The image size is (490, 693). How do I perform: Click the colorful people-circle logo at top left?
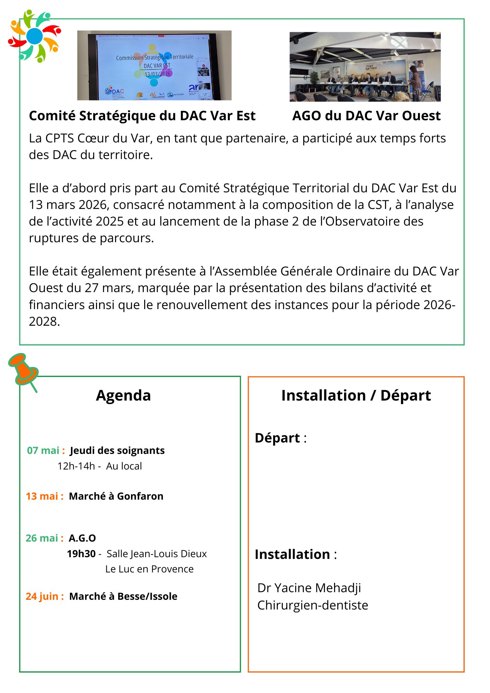click(34, 36)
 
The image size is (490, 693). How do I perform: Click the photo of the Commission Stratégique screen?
click(154, 65)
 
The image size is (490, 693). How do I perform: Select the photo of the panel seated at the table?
click(365, 67)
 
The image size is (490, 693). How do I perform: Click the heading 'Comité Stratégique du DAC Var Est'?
click(142, 116)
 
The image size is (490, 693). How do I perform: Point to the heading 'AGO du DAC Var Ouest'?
click(366, 116)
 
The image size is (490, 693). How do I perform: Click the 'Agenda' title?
click(123, 395)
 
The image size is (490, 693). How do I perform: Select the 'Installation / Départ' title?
click(356, 395)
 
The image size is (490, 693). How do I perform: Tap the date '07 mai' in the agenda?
click(43, 450)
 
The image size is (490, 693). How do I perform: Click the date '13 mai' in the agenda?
click(42, 496)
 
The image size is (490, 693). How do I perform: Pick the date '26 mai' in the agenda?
click(42, 538)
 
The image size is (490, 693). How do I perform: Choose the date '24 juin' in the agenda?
click(42, 596)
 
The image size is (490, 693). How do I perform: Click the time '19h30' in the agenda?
click(81, 554)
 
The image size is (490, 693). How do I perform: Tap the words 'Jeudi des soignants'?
click(117, 450)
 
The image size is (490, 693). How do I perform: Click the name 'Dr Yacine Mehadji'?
click(309, 588)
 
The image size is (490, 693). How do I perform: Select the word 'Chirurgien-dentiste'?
click(313, 605)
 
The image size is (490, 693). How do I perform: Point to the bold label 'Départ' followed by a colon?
click(277, 438)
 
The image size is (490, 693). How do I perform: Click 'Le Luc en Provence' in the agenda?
click(149, 569)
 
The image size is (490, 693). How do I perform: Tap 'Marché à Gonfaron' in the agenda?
click(116, 496)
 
